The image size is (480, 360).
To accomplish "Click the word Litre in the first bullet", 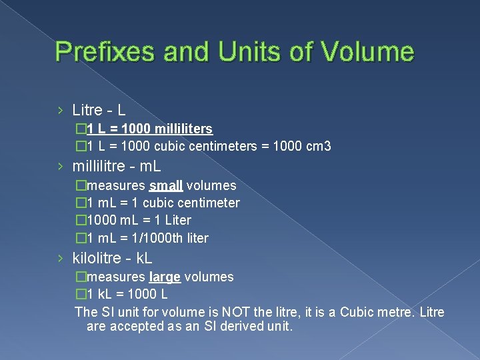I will click(x=87, y=109).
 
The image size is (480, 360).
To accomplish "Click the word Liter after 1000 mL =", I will click(x=175, y=220).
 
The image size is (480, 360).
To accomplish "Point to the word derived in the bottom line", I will click(x=243, y=327).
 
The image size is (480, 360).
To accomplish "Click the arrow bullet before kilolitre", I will click(x=61, y=257).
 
